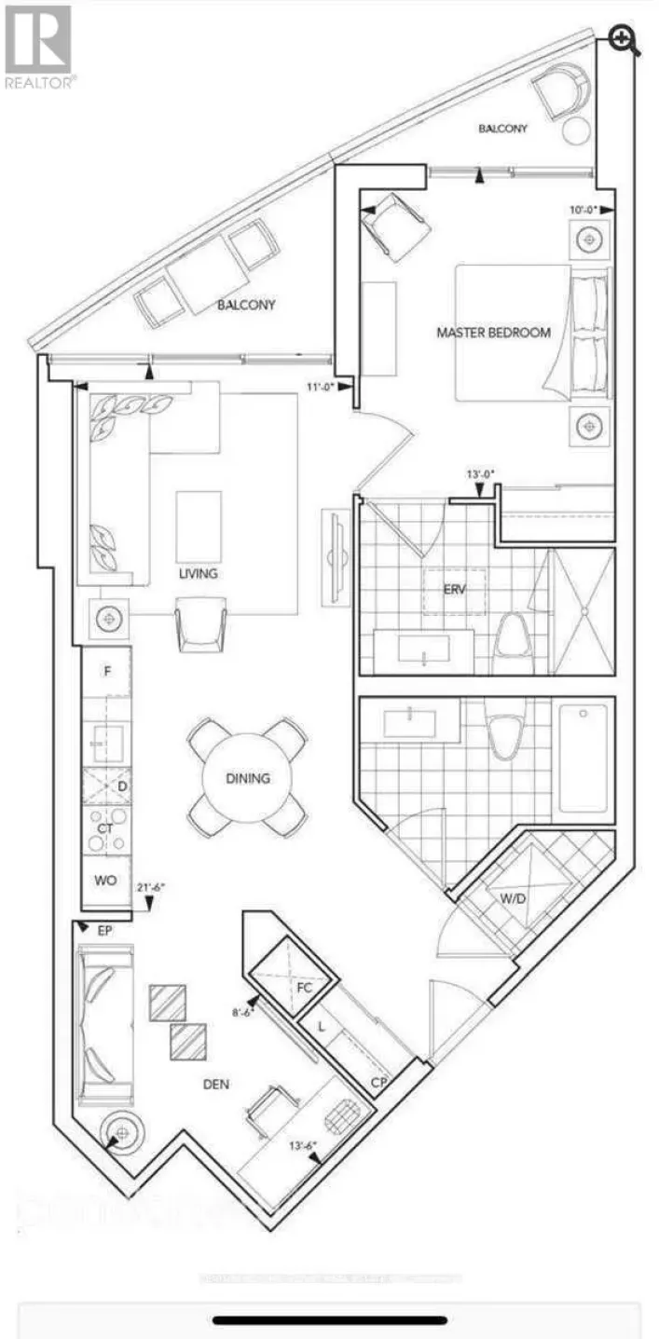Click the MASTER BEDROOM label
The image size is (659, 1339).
493,333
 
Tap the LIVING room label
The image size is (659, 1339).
199,574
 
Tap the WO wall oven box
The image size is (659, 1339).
105,880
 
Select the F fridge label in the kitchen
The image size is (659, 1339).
107,670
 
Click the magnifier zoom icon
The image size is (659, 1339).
624,39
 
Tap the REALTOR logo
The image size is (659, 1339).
38,47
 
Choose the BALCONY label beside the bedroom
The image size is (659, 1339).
502,129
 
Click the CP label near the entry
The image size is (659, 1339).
378,1083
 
